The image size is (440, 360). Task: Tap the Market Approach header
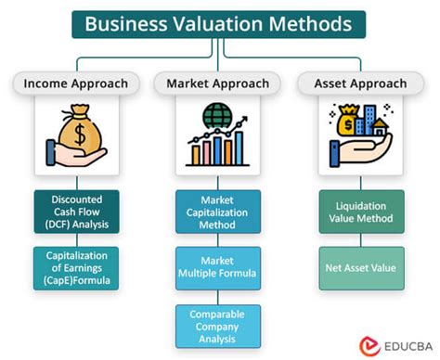pyautogui.click(x=218, y=84)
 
